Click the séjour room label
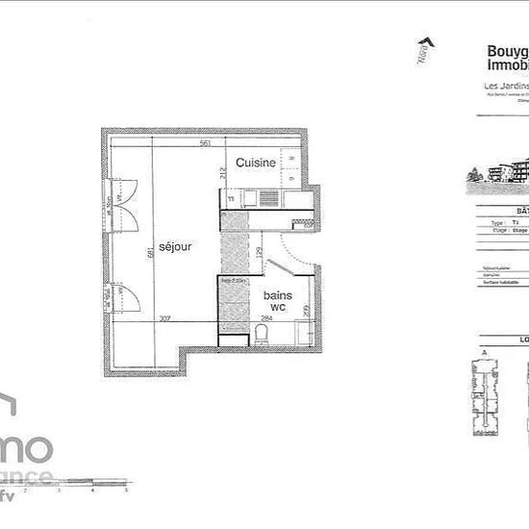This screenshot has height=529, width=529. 177,247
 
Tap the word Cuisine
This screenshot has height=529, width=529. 257,164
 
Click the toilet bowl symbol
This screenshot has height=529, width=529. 261,335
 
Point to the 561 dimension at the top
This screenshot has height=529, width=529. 206,143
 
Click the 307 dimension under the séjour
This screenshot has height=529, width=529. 164,319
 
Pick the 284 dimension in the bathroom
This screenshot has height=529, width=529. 267,319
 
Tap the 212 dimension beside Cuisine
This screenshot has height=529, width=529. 221,173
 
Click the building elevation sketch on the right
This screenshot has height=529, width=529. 500,173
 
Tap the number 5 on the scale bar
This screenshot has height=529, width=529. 126,490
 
